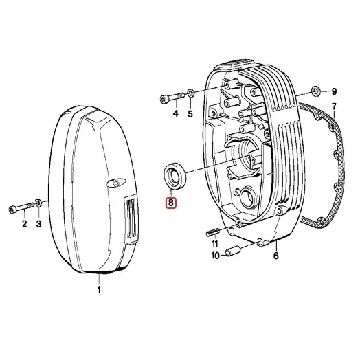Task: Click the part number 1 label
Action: point(99,290)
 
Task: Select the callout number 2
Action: point(24,224)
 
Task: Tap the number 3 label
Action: point(38,224)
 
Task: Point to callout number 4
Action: point(175,113)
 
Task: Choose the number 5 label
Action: point(190,113)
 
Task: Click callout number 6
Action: point(275,256)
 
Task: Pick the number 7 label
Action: point(334,106)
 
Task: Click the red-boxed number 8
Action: point(171,203)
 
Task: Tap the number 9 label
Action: point(334,91)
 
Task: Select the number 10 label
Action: point(215,256)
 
